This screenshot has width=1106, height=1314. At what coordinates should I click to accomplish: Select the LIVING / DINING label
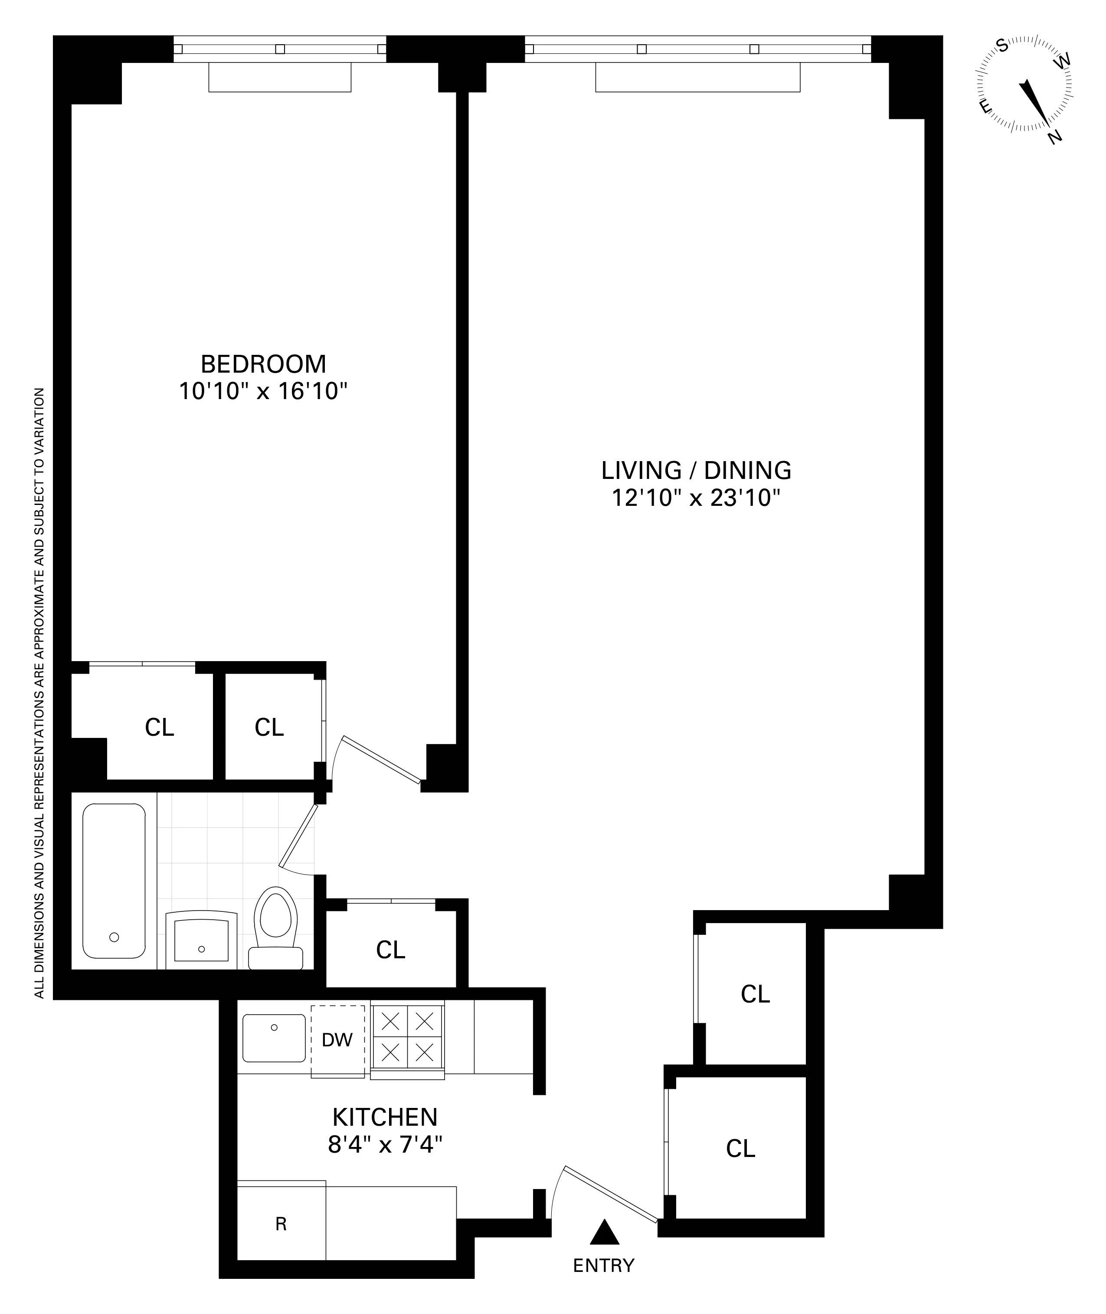pos(696,470)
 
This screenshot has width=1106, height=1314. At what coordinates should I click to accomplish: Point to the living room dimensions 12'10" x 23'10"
pos(696,498)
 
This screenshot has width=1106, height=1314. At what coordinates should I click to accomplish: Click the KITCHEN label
pos(384,1117)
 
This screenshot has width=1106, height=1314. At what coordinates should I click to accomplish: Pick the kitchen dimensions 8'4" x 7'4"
pos(384,1145)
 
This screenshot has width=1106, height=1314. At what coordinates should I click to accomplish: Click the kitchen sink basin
pos(274,1038)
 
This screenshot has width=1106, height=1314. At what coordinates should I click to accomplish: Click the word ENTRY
pos(604,1266)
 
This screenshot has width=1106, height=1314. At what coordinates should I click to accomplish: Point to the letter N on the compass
pos(1055,136)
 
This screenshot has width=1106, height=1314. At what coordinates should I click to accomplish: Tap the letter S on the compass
pos(1002,45)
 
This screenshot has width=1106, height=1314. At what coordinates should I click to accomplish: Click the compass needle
pos(1034,100)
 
